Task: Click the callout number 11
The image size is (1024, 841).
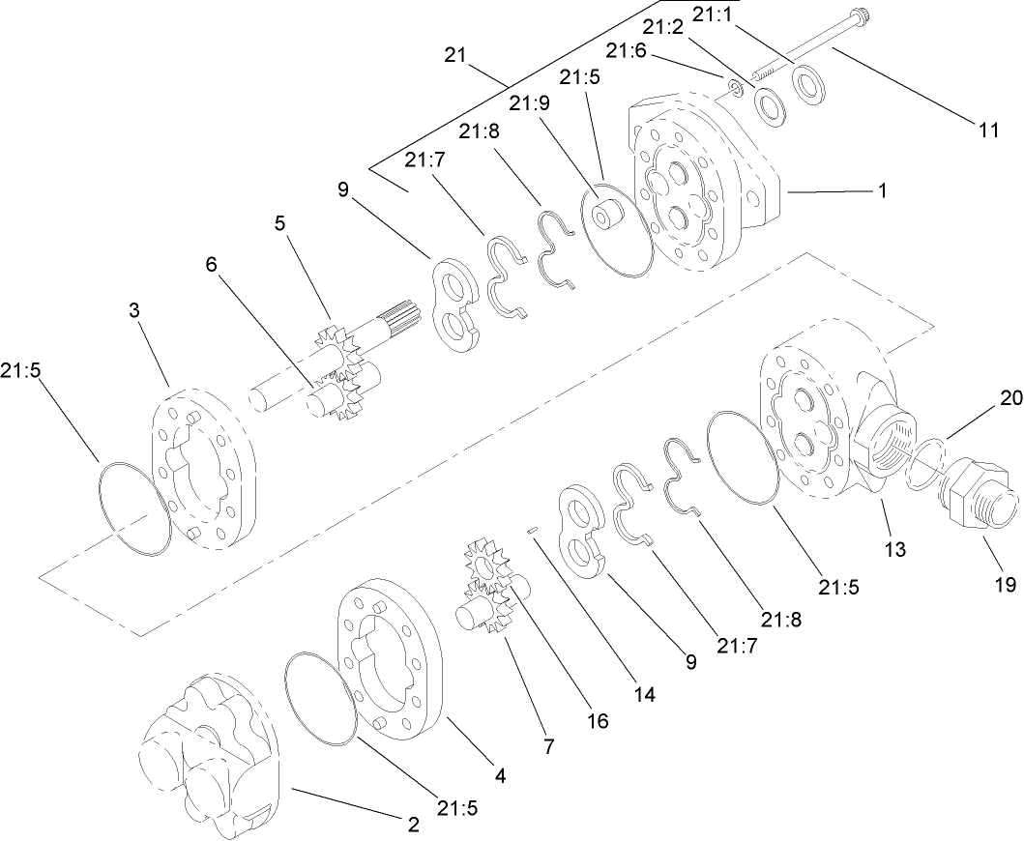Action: point(987,130)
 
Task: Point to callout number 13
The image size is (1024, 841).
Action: point(895,549)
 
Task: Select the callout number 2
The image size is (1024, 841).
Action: point(413,825)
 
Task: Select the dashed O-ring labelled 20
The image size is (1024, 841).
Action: point(925,461)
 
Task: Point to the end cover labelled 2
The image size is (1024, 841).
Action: point(208,754)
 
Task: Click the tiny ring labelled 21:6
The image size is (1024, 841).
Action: point(736,91)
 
